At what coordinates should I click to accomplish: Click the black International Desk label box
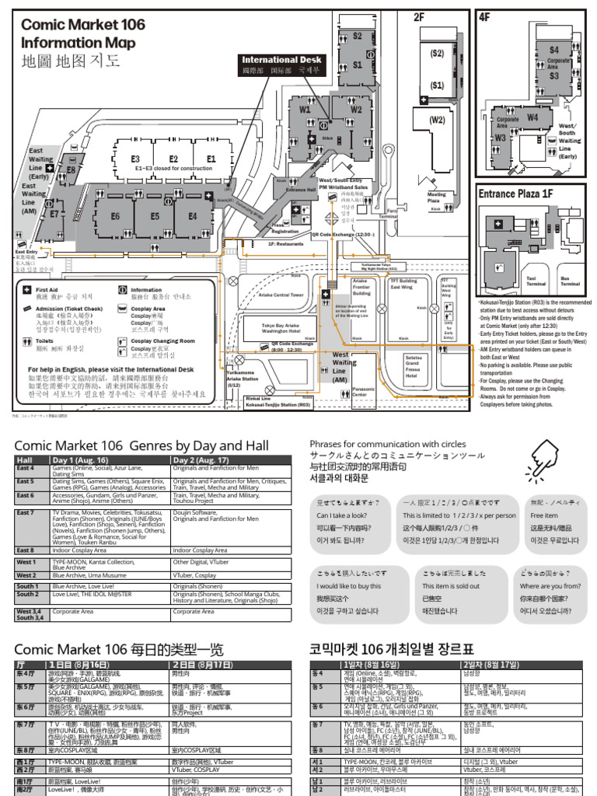(x=281, y=65)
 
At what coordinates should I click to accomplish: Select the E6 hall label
(x=115, y=217)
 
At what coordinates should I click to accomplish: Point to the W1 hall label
(x=303, y=110)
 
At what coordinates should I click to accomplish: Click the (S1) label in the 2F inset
(x=438, y=86)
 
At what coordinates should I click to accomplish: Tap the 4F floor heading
(x=486, y=16)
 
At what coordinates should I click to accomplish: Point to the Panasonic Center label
(x=364, y=392)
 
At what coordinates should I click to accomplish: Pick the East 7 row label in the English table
(x=26, y=512)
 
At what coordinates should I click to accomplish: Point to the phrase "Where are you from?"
(x=551, y=586)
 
